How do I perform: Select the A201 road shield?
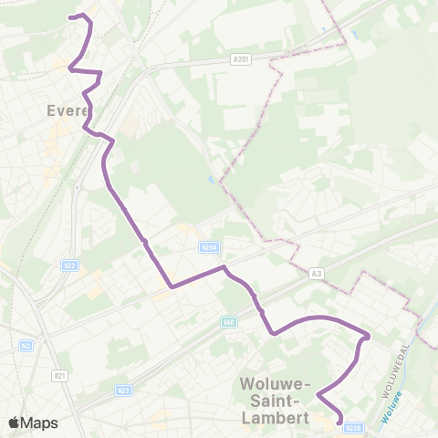point(241,60)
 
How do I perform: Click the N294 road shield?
point(209,246)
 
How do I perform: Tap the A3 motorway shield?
point(318,272)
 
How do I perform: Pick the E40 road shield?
point(229,322)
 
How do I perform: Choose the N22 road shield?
point(70,266)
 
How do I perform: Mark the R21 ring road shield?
point(61,376)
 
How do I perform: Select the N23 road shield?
point(123,391)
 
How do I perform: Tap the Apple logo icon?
point(14,422)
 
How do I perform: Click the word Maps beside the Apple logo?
point(39,422)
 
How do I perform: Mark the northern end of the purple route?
point(73,16)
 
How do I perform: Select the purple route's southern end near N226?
point(340,421)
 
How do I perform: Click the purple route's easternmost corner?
point(368,336)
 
